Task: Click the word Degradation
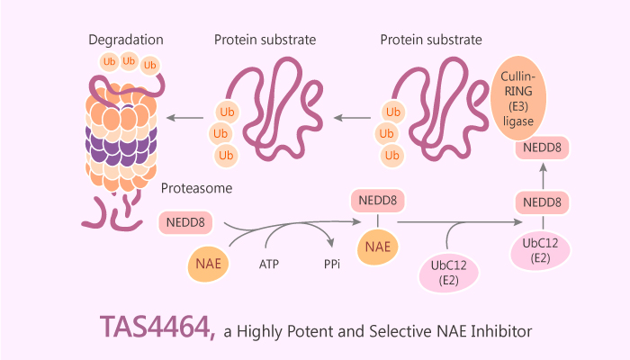point(127,40)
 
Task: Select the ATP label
point(269,265)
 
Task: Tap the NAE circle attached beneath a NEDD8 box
point(377,245)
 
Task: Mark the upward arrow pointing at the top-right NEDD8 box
point(541,175)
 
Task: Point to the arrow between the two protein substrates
point(353,117)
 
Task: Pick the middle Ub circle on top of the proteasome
point(129,60)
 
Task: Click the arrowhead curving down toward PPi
point(334,244)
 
